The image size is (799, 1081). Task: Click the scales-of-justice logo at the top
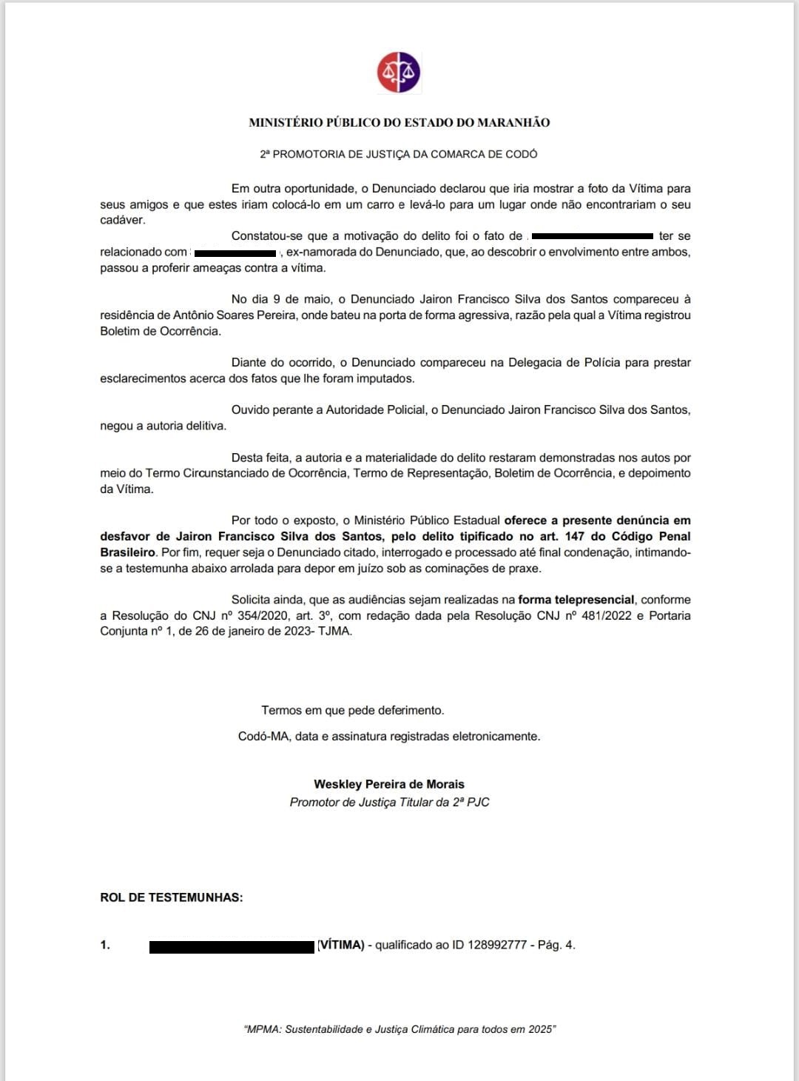399,73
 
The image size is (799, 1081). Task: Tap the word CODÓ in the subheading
521,155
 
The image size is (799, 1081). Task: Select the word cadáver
122,220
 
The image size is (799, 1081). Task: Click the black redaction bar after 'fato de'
592,236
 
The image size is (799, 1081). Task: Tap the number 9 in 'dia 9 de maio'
276,299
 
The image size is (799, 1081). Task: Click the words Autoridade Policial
376,410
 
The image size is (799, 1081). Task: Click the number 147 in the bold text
574,537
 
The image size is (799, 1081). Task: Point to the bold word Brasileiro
127,552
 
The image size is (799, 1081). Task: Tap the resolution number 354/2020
263,616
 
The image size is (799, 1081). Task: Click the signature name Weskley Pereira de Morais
389,784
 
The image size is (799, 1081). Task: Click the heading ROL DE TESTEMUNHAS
172,897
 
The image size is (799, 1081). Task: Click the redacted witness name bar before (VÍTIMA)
232,946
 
